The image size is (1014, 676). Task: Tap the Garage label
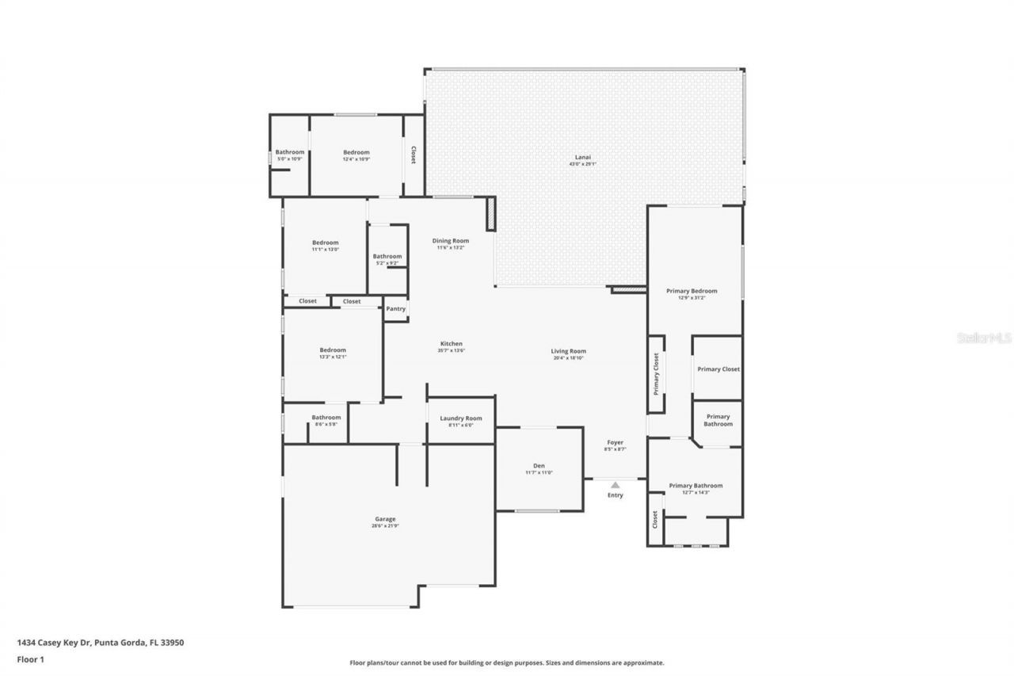pos(385,520)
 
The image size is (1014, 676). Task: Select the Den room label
pos(539,466)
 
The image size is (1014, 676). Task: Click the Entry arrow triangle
pos(616,484)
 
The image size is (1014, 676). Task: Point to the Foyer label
pos(616,443)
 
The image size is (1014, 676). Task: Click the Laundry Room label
pos(461,418)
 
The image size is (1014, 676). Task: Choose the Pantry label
pos(395,309)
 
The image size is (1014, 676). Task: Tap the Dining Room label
pos(450,241)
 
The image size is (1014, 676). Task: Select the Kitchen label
pos(451,344)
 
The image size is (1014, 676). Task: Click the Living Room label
pos(568,351)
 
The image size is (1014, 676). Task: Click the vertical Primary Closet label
pos(656,374)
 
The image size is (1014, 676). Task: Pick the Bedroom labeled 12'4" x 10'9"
pos(356,153)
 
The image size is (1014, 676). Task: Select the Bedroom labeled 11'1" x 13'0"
pos(325,243)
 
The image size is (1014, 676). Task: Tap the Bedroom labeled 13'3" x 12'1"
pos(333,350)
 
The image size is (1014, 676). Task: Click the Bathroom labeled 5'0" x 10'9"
pos(289,153)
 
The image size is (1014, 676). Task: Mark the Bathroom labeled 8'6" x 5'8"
pos(326,418)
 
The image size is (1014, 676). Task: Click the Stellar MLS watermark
pos(984,338)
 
